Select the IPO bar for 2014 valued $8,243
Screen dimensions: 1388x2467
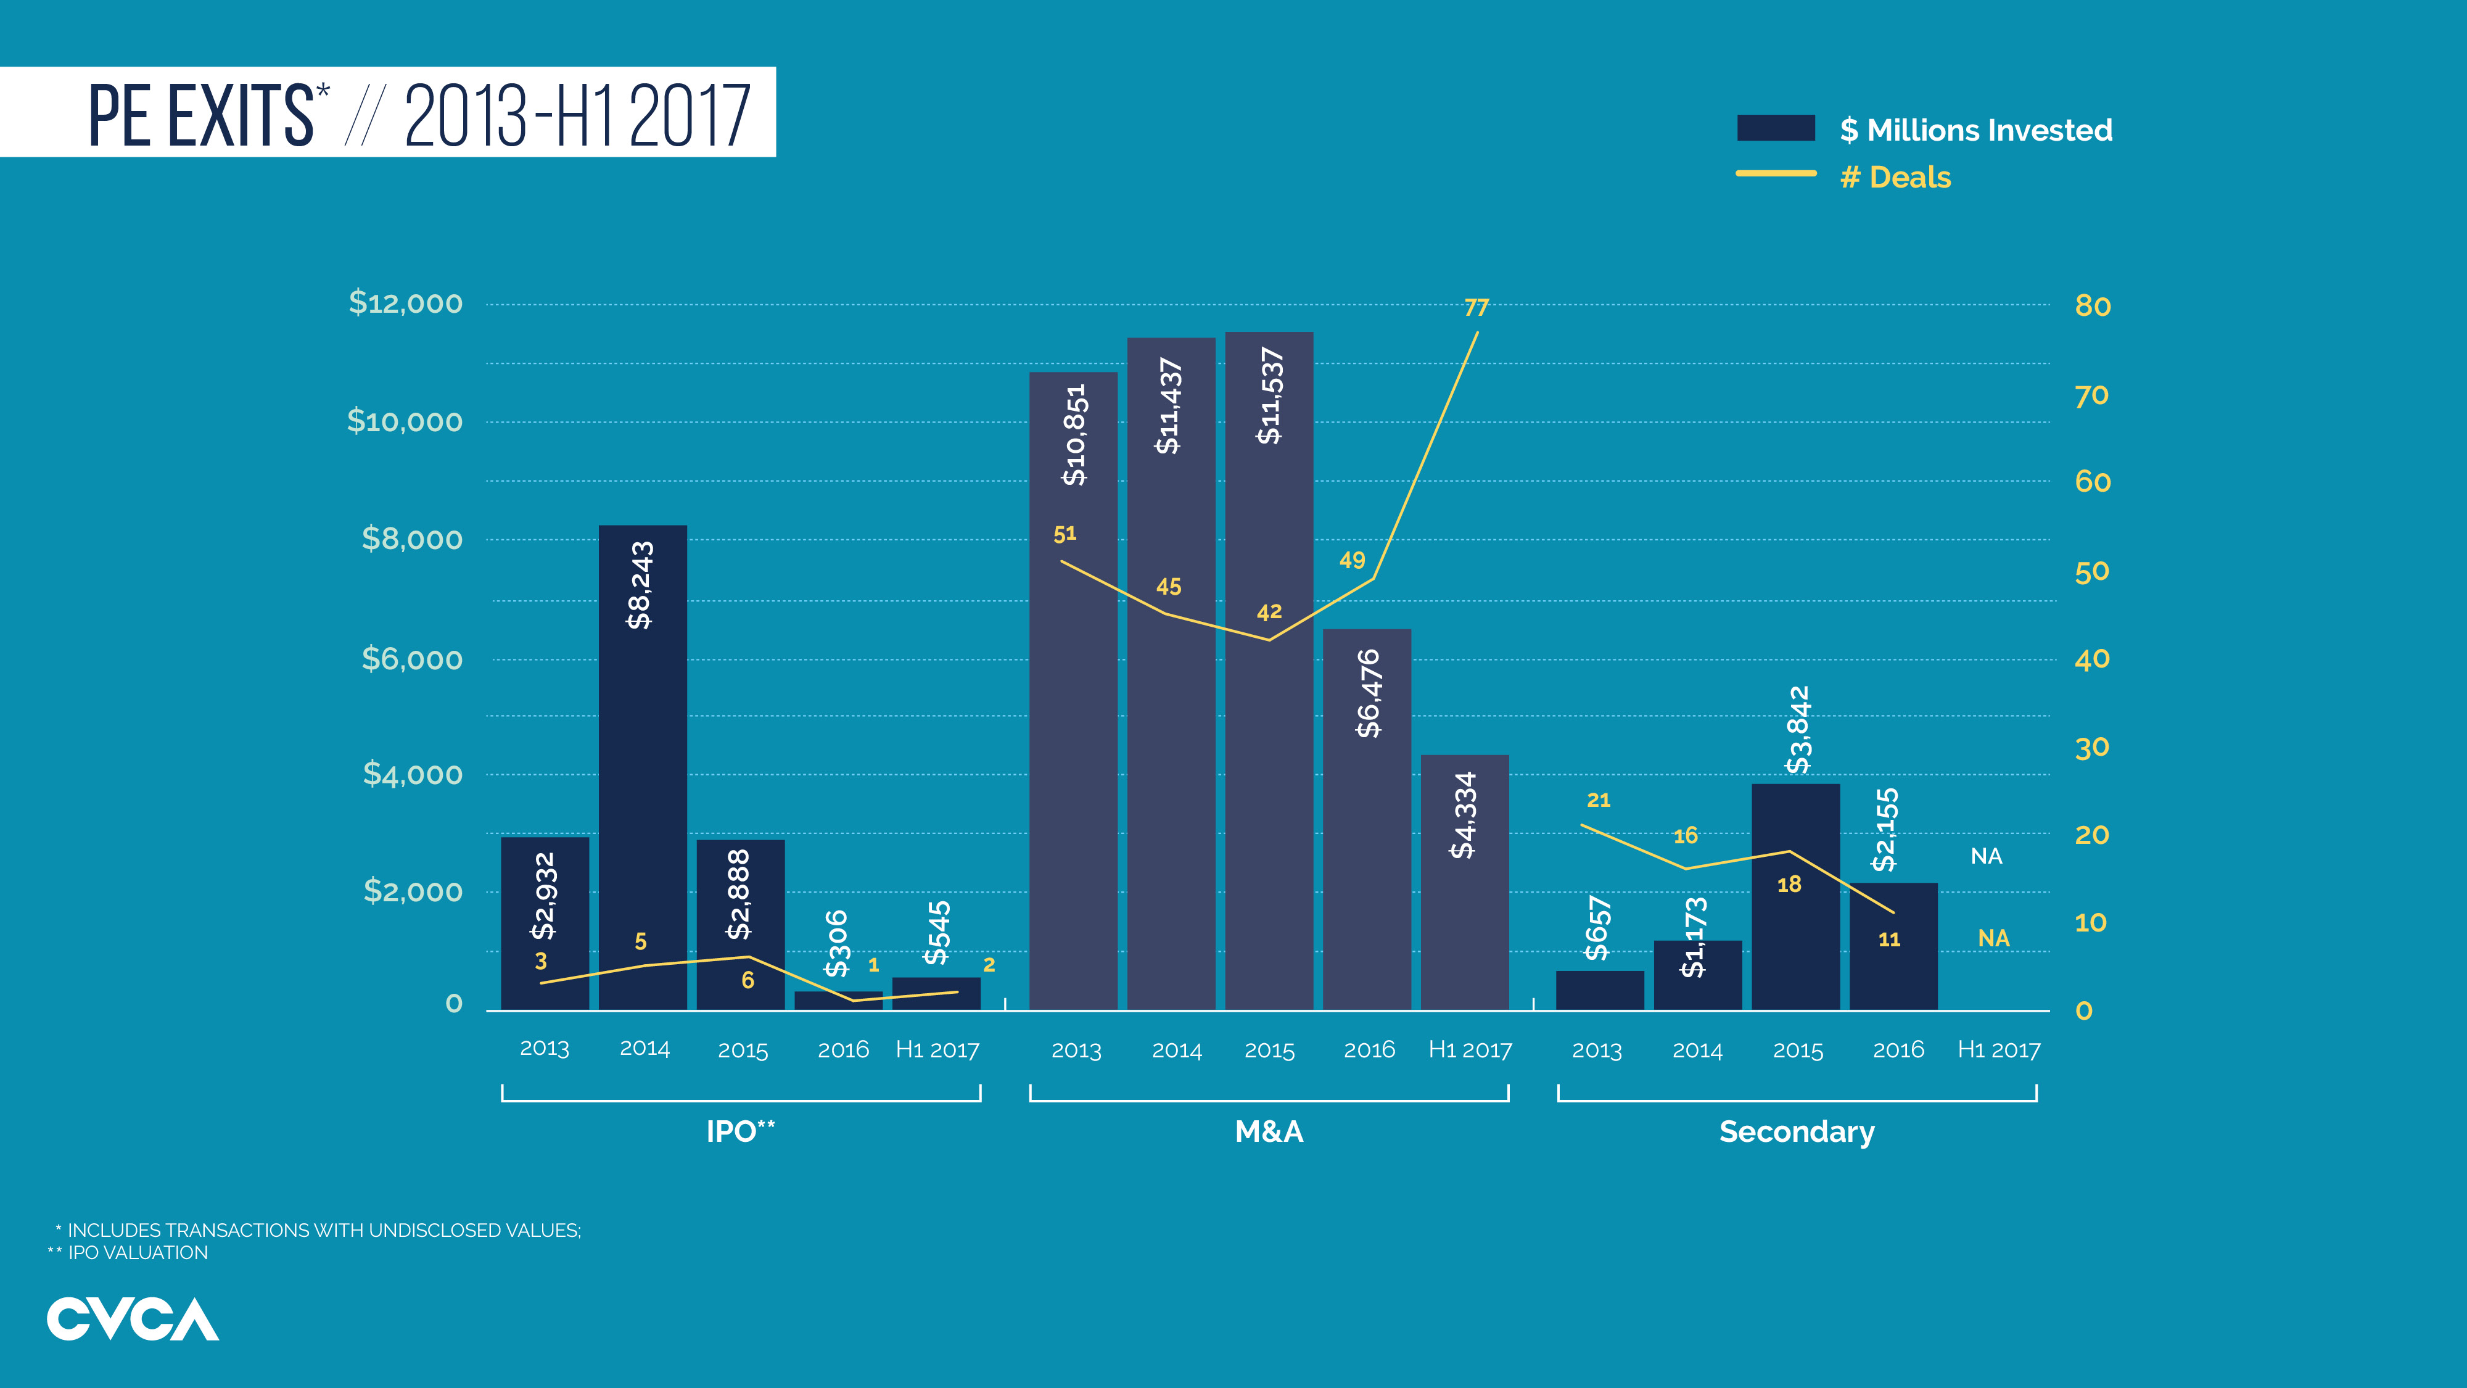click(643, 766)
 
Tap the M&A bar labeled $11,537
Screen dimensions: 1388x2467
click(1269, 671)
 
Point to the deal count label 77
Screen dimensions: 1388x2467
click(1476, 307)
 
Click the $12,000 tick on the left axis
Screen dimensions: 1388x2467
click(405, 303)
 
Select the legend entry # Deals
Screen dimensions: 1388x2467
click(1895, 177)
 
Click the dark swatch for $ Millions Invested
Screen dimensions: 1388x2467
click(1776, 128)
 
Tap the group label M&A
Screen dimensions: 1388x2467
click(1269, 1131)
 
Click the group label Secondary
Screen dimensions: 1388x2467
click(1797, 1131)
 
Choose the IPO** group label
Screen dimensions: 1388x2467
click(740, 1131)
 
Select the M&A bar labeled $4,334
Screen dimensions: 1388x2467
click(1464, 882)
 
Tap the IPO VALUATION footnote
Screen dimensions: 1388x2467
click(137, 1253)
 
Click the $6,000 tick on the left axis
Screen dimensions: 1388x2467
click(412, 659)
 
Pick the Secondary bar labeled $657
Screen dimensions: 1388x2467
click(1599, 989)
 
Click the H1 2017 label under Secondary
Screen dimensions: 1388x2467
click(1999, 1050)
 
